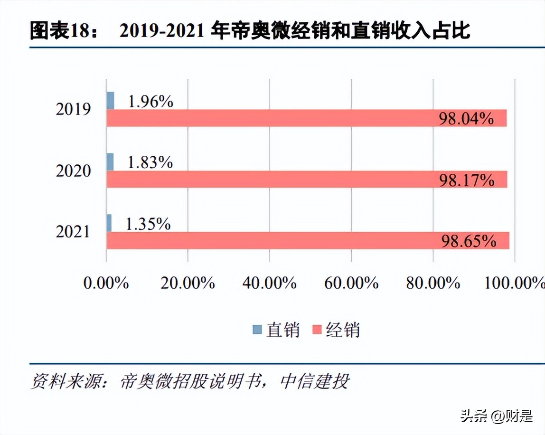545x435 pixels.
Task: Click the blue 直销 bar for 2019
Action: [x=110, y=101]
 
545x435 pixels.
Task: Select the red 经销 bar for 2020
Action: [x=306, y=180]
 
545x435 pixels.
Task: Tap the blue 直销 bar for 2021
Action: [x=109, y=223]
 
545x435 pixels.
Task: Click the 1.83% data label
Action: [x=150, y=162]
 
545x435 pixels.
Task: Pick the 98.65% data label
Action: [x=469, y=241]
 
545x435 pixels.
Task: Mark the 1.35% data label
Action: [x=148, y=224]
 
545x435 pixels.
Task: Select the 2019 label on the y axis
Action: [x=73, y=109]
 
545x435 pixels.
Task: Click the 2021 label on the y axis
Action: [x=73, y=232]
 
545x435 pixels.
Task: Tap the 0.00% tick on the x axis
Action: [x=106, y=283]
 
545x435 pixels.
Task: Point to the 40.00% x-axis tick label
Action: [x=269, y=283]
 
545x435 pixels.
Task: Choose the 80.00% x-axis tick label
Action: [x=433, y=283]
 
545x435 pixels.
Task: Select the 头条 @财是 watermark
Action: [x=496, y=416]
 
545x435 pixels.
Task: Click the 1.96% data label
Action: [x=151, y=101]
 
